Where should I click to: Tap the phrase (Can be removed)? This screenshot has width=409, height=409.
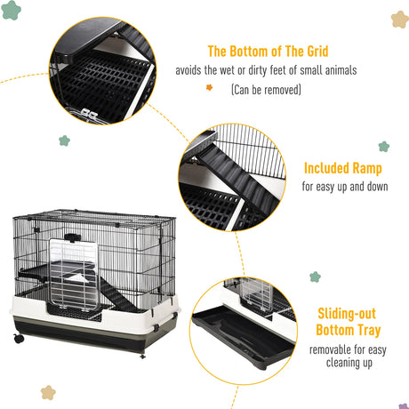coord(266,90)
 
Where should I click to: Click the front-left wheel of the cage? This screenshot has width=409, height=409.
coord(19,340)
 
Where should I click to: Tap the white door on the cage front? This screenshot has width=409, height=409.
coord(79,267)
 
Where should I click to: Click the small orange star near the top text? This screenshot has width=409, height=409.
coord(210,88)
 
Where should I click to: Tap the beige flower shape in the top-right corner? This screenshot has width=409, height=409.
coord(399,19)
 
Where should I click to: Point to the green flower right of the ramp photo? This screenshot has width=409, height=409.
coord(383,147)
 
